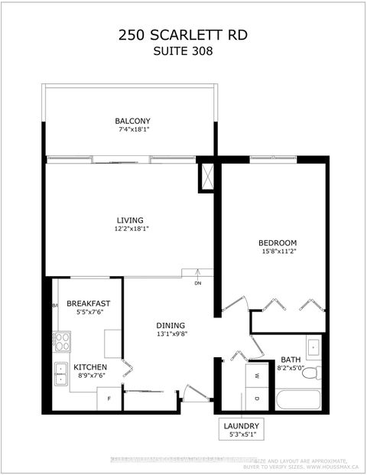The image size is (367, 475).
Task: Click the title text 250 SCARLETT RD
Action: coord(183,34)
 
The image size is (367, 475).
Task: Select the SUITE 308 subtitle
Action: coord(183,51)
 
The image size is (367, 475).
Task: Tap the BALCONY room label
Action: coord(132,121)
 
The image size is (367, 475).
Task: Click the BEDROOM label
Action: coord(278,242)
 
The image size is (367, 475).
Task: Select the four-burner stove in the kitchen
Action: coord(62,341)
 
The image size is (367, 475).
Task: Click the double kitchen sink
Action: coord(61,374)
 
